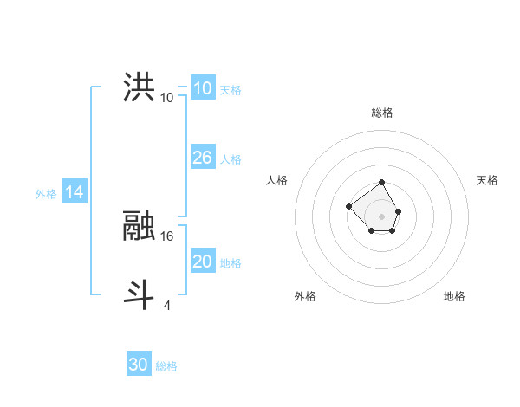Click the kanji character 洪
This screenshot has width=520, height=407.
pyautogui.click(x=139, y=87)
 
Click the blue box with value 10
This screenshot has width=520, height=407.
pyautogui.click(x=202, y=87)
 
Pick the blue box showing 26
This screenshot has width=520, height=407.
pyautogui.click(x=202, y=158)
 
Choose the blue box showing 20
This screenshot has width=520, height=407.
pyautogui.click(x=202, y=262)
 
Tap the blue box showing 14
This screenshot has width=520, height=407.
pyautogui.click(x=75, y=192)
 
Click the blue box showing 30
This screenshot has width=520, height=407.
pyautogui.click(x=138, y=365)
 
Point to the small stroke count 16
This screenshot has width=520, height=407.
pyautogui.click(x=168, y=235)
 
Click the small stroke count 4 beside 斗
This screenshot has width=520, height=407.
pyautogui.click(x=166, y=304)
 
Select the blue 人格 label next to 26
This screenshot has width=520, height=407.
pyautogui.click(x=231, y=159)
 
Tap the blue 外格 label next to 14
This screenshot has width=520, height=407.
pyautogui.click(x=46, y=194)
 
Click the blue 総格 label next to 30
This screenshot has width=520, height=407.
pyautogui.click(x=166, y=366)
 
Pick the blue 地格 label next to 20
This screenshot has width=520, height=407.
pyautogui.click(x=231, y=263)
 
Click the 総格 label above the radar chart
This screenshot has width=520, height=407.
pyautogui.click(x=382, y=113)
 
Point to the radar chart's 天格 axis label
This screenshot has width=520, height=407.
pyautogui.click(x=487, y=180)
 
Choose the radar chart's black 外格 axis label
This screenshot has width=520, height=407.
pyautogui.click(x=305, y=296)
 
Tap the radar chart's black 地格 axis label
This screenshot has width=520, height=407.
pyautogui.click(x=454, y=296)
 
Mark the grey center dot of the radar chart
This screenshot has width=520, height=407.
pyautogui.click(x=381, y=216)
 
